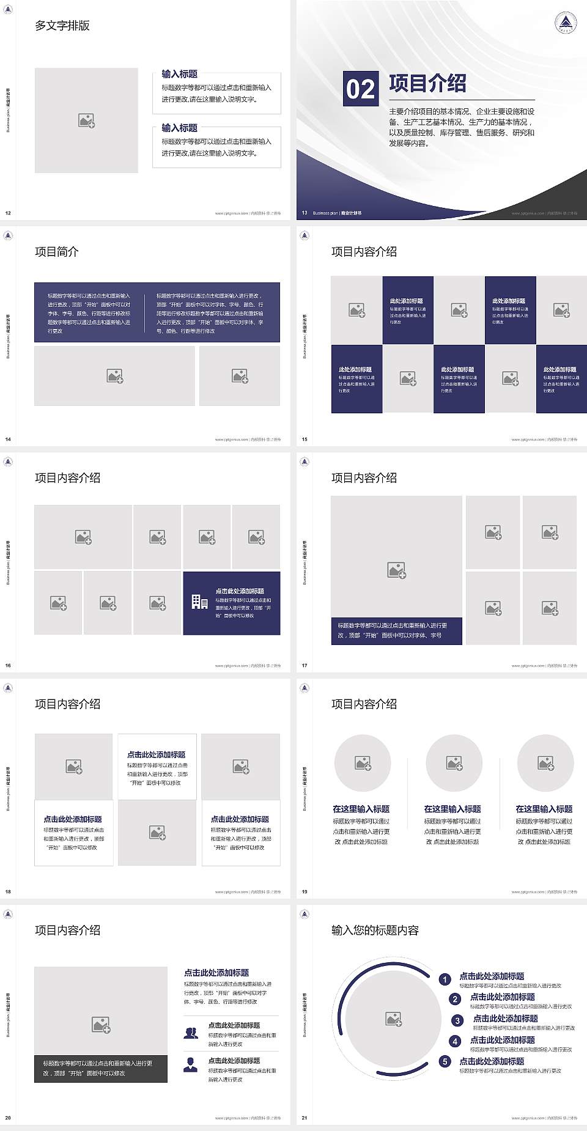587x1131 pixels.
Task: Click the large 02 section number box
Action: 360,89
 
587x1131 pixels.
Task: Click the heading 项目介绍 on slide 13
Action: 427,84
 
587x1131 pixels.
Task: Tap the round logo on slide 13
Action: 566,23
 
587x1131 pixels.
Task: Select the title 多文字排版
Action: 62,26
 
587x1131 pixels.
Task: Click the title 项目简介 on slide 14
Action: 57,252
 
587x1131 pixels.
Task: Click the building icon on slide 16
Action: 199,602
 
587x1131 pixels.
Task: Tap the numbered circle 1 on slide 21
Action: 445,979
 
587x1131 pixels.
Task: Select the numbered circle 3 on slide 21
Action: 457,1020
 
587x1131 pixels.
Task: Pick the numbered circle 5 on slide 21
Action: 445,1061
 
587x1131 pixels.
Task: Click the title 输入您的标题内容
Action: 375,930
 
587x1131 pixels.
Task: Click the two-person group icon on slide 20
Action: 191,1033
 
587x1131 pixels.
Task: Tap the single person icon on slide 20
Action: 191,1065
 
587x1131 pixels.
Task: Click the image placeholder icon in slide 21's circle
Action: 394,1019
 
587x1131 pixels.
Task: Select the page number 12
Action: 8,213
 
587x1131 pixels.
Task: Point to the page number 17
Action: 305,666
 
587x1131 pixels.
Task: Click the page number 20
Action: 8,1118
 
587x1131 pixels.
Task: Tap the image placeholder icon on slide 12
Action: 86,120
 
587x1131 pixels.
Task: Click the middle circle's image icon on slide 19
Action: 454,763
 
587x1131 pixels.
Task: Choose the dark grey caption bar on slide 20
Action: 101,1068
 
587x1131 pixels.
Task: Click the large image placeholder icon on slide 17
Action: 396,570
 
